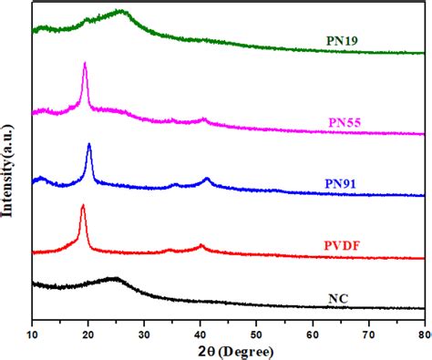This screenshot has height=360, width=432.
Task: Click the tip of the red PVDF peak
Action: [83, 206]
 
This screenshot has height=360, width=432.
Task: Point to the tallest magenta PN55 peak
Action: [85, 63]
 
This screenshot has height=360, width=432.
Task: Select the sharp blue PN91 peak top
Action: [88, 144]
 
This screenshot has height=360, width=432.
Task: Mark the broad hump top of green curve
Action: [121, 12]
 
